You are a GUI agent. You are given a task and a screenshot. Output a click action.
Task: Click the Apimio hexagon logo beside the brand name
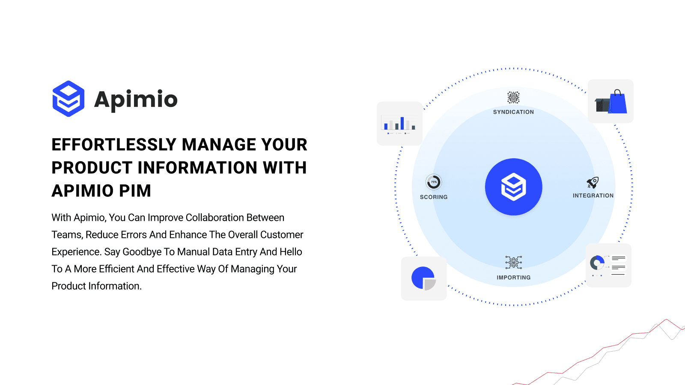click(68, 99)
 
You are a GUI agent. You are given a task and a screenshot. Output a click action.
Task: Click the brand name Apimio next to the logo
click(135, 100)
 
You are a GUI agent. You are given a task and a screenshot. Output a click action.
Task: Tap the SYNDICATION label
click(513, 112)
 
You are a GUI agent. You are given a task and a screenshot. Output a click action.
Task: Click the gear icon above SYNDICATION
click(513, 98)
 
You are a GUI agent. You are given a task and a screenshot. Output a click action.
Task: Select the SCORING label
click(434, 197)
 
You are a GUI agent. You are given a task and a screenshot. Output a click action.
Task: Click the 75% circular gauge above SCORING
click(434, 182)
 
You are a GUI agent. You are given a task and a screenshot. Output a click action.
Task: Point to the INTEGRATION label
click(593, 195)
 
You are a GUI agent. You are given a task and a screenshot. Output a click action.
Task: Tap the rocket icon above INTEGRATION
click(593, 183)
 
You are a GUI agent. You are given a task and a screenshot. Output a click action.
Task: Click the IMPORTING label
click(513, 278)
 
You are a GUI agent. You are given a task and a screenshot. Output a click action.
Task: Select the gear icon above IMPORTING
click(513, 262)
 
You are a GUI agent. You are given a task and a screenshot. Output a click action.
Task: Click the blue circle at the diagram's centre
click(513, 187)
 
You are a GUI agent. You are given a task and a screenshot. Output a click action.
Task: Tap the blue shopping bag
click(618, 103)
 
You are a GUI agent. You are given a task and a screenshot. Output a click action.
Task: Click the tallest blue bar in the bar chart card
click(402, 123)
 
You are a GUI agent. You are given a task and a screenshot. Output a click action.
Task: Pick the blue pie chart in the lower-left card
click(423, 278)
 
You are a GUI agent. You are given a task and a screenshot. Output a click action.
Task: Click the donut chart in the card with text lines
click(597, 262)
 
